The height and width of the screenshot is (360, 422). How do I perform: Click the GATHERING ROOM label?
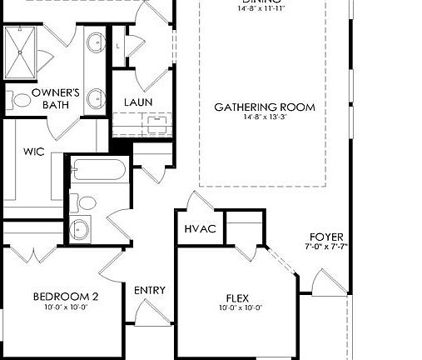click(x=264, y=107)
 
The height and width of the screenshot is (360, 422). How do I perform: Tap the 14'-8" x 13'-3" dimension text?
click(x=264, y=118)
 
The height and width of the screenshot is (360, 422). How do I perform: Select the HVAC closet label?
click(x=200, y=229)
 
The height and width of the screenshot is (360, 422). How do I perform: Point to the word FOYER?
click(x=325, y=237)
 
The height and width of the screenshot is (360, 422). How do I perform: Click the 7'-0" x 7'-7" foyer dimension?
click(x=325, y=247)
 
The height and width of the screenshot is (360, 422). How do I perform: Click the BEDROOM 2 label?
click(x=66, y=297)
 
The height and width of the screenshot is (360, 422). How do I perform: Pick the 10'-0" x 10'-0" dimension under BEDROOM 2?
click(x=66, y=307)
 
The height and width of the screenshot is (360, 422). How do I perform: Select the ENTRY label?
click(x=150, y=291)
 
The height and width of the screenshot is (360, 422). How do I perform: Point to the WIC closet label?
click(x=33, y=152)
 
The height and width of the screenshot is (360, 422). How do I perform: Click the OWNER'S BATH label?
click(x=56, y=99)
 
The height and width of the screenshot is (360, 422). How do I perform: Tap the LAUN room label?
click(x=138, y=102)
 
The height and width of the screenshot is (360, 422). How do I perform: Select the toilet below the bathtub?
click(x=86, y=202)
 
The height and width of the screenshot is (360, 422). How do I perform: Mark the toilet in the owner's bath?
click(x=22, y=100)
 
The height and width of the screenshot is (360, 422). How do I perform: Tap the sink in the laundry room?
click(x=156, y=122)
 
